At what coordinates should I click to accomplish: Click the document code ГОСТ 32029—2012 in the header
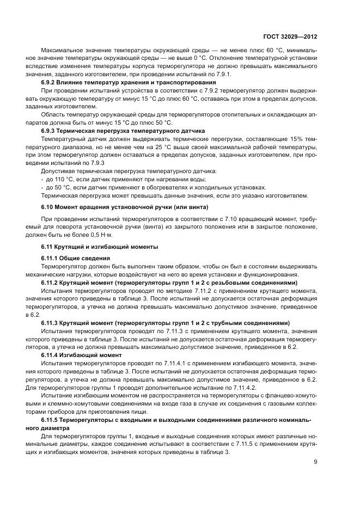tap(290, 38)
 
